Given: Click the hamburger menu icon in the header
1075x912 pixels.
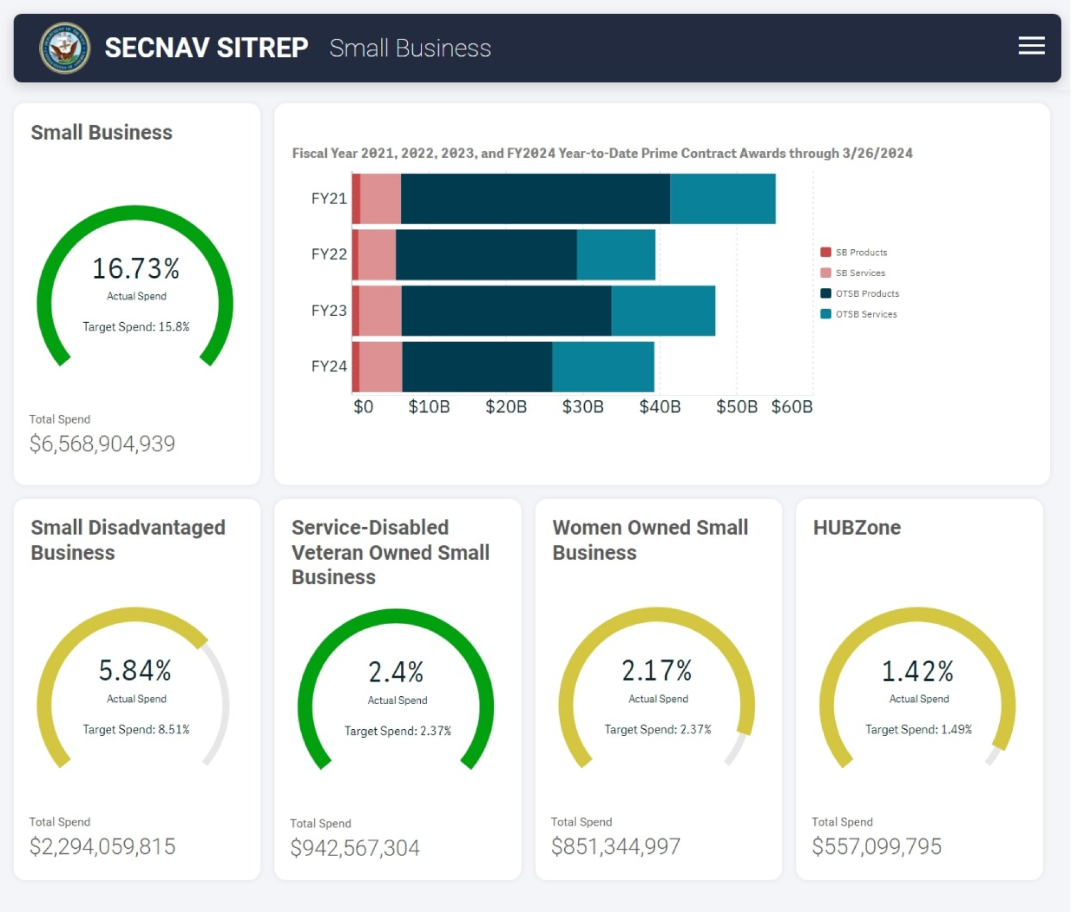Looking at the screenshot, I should [x=1031, y=46].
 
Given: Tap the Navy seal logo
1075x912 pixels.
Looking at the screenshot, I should [x=64, y=48].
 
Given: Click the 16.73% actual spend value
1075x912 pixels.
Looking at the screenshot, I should [x=136, y=268].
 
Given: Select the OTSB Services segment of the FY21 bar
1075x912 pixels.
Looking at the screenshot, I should [x=722, y=199].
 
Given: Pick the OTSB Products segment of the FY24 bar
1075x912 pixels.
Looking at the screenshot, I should [x=477, y=367].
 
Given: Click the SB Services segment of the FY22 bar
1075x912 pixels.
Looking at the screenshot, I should [x=377, y=254].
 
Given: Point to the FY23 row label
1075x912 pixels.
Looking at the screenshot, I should [x=329, y=310].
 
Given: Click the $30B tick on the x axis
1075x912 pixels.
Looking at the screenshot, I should [x=582, y=407].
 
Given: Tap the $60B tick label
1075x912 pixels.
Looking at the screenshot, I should [x=791, y=407].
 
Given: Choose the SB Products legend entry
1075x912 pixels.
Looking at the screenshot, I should [x=860, y=252].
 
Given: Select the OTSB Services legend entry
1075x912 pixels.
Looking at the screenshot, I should [x=865, y=314].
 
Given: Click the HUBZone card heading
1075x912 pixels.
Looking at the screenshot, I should [x=856, y=528].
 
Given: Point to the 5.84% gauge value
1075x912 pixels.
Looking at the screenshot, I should [x=135, y=671].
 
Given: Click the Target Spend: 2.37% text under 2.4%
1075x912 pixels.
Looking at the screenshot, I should [x=397, y=731].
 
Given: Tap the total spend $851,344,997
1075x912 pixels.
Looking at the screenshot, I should [x=616, y=847].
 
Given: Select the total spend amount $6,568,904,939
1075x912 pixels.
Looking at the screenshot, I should [x=102, y=444].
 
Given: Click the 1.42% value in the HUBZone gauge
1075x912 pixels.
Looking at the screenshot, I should [x=917, y=671].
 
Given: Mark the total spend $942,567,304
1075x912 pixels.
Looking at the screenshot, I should [x=355, y=848].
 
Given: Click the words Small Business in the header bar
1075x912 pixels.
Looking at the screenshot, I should [x=410, y=48].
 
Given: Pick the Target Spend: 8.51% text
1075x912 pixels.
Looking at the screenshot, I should [x=136, y=729].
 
